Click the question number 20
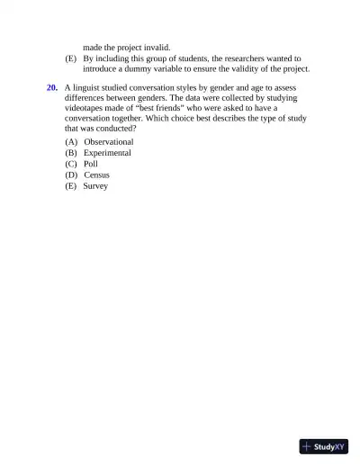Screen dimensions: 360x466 point(52,87)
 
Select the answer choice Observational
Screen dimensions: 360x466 point(109,142)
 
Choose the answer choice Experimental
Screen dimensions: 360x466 point(107,153)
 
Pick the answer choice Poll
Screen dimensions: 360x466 point(91,164)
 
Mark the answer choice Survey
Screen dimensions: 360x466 point(95,186)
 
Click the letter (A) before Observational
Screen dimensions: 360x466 point(71,142)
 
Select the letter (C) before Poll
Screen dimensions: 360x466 point(71,164)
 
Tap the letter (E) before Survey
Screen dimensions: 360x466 point(71,186)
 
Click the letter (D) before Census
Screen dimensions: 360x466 point(71,175)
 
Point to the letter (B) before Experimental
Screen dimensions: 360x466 point(71,153)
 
